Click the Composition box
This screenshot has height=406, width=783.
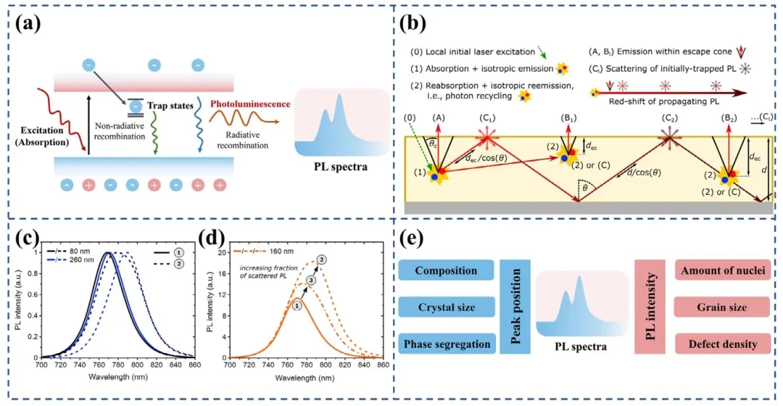coord(446,271)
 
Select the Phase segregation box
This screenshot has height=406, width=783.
coord(446,343)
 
